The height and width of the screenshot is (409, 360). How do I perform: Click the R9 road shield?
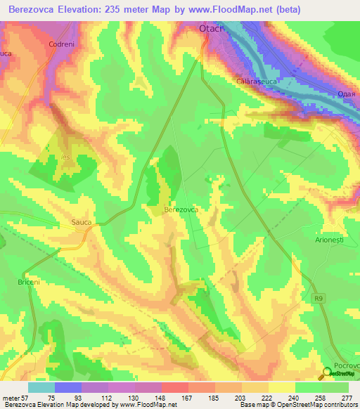click(320, 299)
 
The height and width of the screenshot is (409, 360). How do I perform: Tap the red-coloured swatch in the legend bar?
click(174, 387)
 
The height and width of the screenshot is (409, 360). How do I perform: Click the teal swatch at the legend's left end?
click(41, 387)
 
